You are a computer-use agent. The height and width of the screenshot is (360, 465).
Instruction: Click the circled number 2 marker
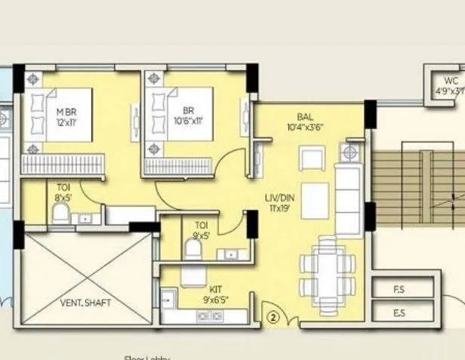273,318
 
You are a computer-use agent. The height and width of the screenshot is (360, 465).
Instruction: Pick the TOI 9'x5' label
202,229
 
